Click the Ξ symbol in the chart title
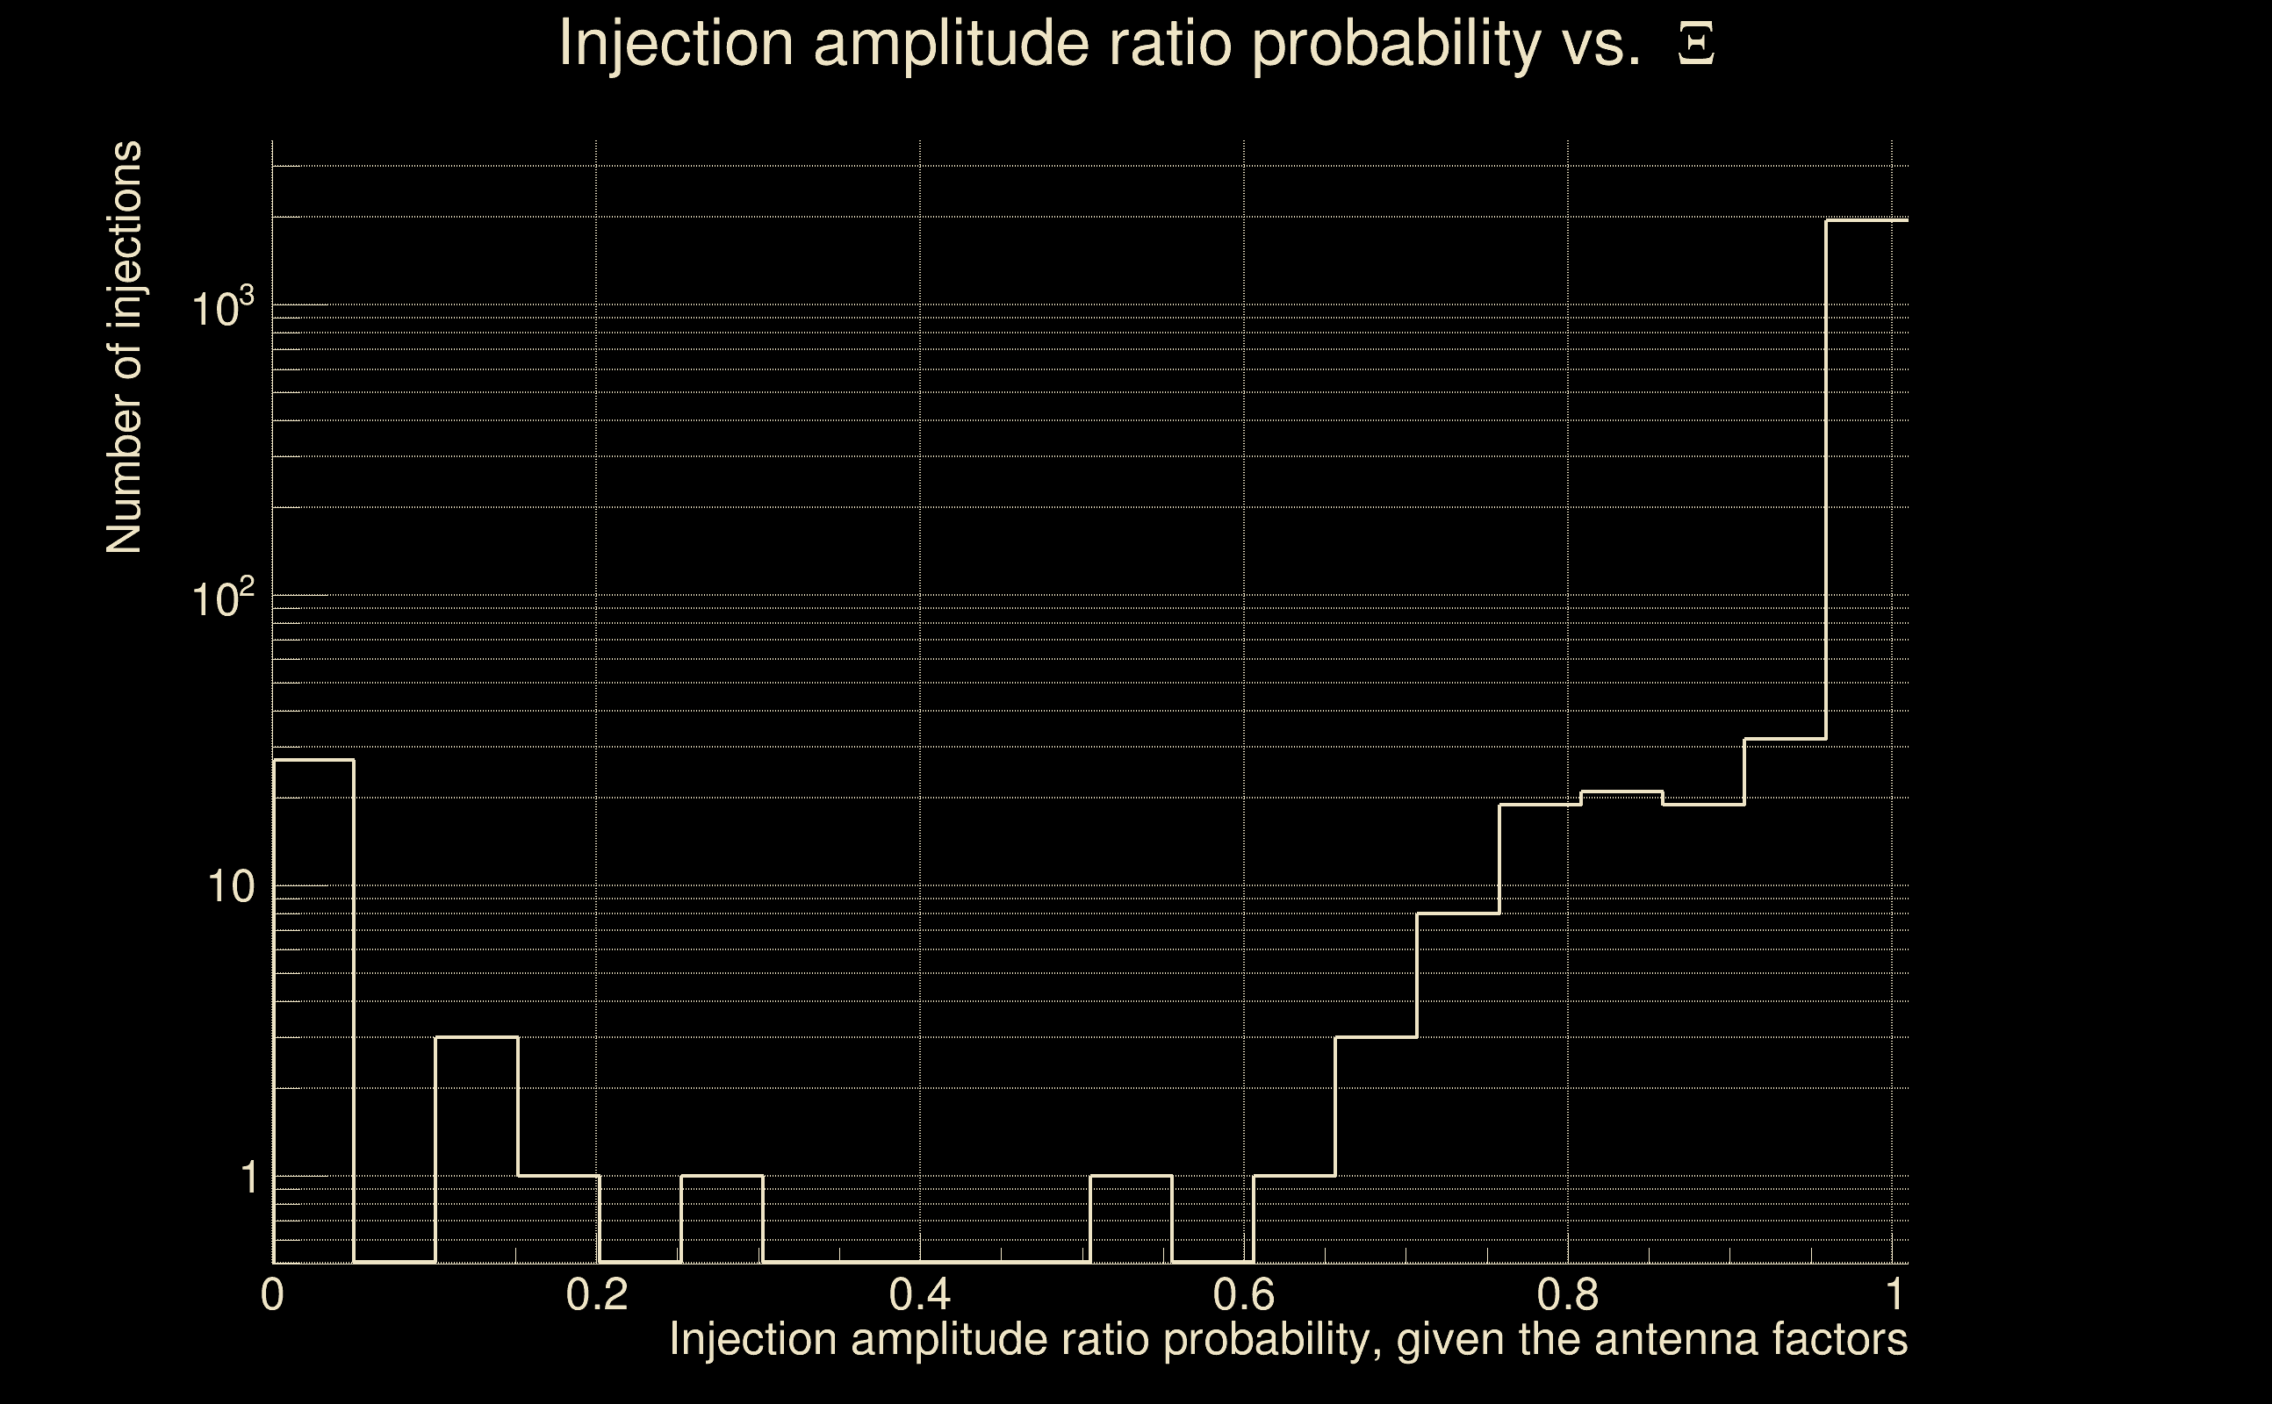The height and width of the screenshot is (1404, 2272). coord(1696,45)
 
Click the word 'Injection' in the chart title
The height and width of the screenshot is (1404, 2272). coord(675,45)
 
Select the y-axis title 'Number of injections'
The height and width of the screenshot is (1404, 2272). coord(124,347)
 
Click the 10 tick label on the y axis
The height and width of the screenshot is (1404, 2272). coord(230,887)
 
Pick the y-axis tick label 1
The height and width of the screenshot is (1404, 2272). coord(248,1178)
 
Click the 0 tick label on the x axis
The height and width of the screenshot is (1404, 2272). coord(271,1294)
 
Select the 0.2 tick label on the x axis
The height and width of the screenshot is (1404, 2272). coord(596,1294)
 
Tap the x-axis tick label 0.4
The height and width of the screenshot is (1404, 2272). coord(919,1294)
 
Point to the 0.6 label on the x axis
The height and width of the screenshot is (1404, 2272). coord(1244,1294)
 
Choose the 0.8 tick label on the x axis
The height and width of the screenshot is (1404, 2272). coord(1568,1294)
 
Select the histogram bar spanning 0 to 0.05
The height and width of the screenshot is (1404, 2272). coord(313,1011)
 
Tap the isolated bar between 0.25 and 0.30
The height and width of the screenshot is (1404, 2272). coord(721,1218)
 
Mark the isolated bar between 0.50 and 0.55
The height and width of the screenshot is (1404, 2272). coord(1131,1218)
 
